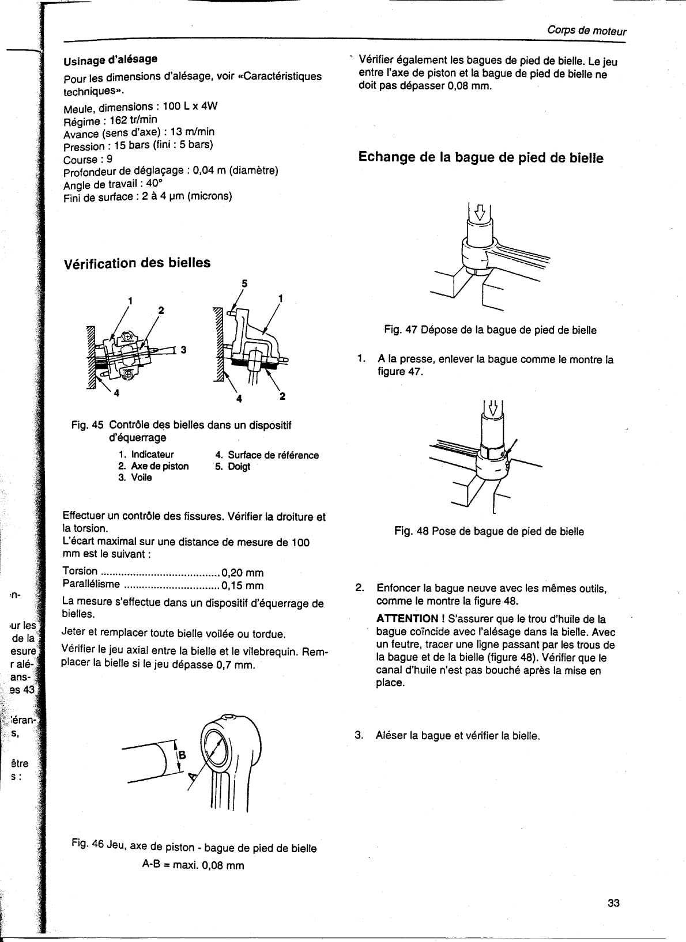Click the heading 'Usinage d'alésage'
110,59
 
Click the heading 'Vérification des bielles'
137,263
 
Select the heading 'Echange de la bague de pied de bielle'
481,157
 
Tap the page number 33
613,903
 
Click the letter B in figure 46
183,755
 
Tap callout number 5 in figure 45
244,283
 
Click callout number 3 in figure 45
183,349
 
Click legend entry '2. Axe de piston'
153,466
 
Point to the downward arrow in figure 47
478,214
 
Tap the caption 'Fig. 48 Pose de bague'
489,531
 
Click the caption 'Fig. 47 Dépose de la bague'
490,330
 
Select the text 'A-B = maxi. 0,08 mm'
193,865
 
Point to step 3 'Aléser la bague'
457,736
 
